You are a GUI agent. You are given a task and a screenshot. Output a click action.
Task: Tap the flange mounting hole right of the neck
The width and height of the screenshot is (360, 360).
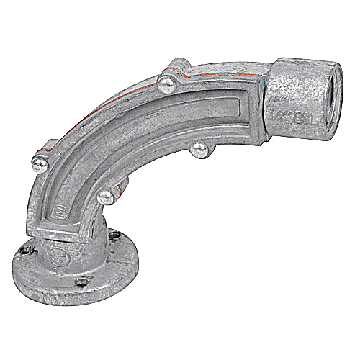click(115, 235)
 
